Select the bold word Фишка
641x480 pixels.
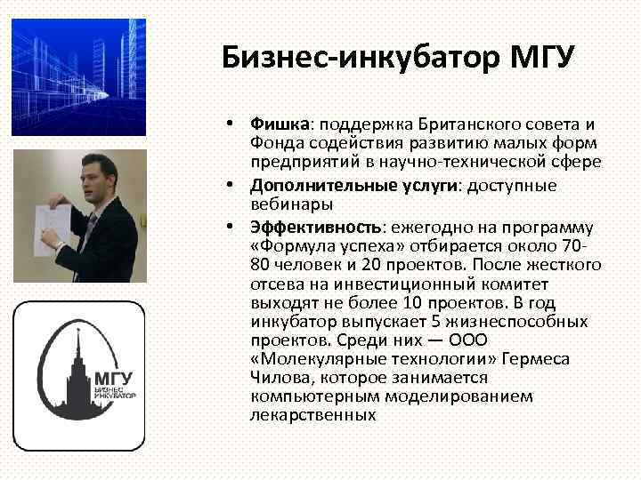(x=278, y=124)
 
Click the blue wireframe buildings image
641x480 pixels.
(x=78, y=77)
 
